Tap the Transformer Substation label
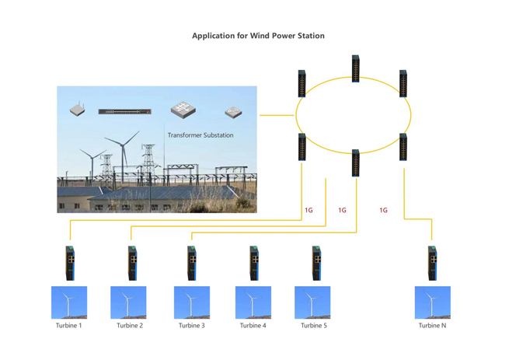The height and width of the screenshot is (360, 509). pyautogui.click(x=200, y=135)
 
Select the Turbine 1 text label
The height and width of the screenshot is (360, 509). pyautogui.click(x=68, y=326)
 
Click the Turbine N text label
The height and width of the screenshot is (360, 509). pyautogui.click(x=432, y=326)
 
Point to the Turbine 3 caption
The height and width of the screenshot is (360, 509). pyautogui.click(x=191, y=326)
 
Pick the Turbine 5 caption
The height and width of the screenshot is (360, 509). pyautogui.click(x=313, y=326)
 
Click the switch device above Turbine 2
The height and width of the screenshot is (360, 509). pyautogui.click(x=132, y=263)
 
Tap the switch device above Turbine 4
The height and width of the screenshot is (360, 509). pyautogui.click(x=253, y=263)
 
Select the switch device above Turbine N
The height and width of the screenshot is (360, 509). pyautogui.click(x=433, y=263)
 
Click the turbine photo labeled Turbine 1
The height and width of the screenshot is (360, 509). pyautogui.click(x=68, y=302)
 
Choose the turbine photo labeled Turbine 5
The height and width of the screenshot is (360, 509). pyautogui.click(x=312, y=302)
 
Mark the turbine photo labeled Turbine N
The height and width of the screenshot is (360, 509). pyautogui.click(x=432, y=302)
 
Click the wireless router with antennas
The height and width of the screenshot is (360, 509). pyautogui.click(x=77, y=110)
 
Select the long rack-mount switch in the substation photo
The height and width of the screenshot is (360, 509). pyautogui.click(x=124, y=112)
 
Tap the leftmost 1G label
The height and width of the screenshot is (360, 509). pyautogui.click(x=309, y=210)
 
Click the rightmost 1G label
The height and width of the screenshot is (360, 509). pyautogui.click(x=383, y=210)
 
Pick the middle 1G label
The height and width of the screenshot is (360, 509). pyautogui.click(x=342, y=210)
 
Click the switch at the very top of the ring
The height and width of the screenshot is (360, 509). pyautogui.click(x=355, y=68)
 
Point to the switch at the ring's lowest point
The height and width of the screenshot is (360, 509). pyautogui.click(x=355, y=163)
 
